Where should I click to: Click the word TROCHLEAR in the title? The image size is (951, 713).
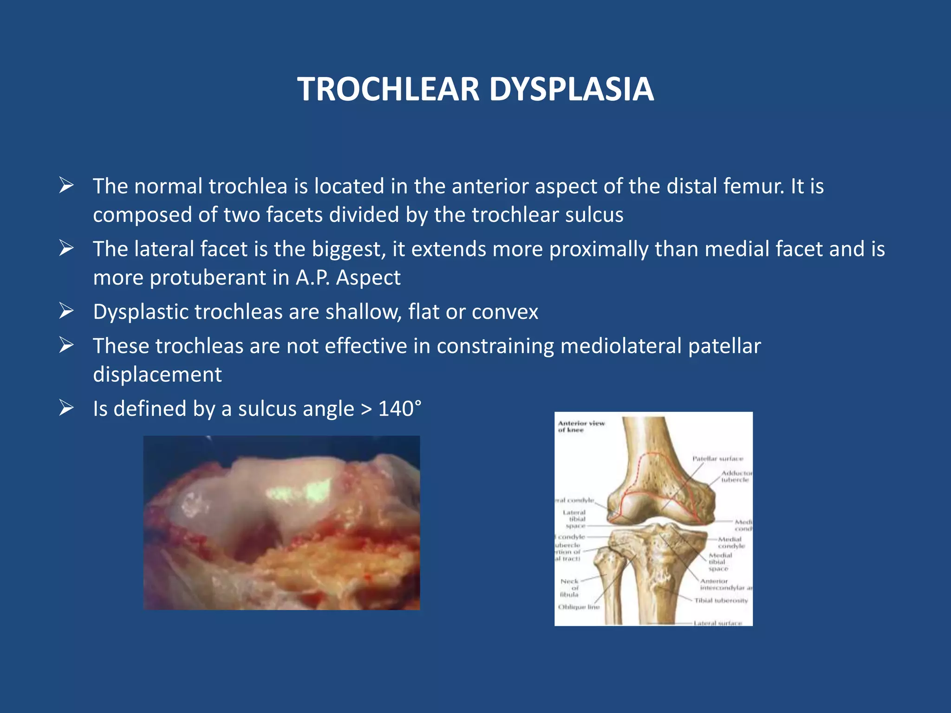388,89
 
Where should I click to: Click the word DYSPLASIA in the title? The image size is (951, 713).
572,89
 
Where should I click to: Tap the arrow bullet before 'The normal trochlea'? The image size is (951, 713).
66,186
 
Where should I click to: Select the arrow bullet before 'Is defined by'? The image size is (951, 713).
66,408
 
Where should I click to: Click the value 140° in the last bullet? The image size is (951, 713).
400,409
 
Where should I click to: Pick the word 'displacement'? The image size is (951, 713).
157,375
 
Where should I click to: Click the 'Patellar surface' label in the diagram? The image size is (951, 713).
717,459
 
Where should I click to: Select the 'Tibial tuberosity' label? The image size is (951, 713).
721,600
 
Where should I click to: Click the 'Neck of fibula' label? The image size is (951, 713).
569,588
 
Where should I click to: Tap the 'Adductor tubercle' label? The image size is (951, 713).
736,476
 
